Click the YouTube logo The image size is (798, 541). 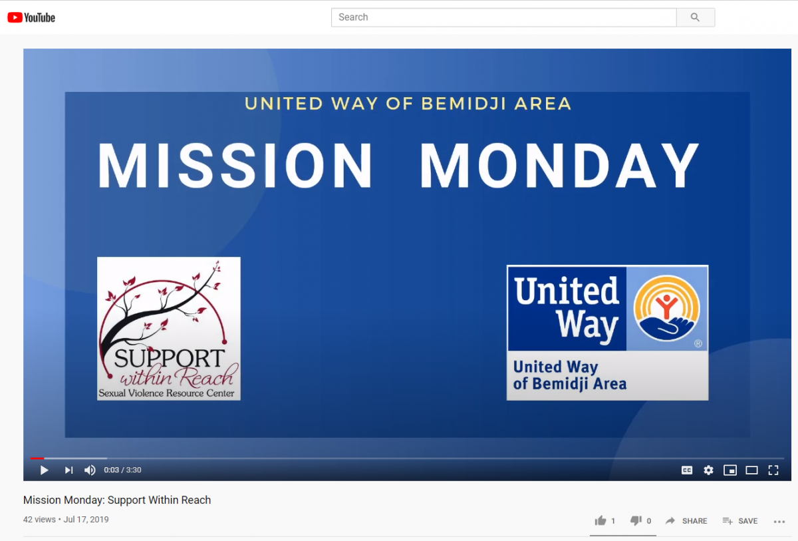pyautogui.click(x=31, y=17)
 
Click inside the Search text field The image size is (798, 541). pyautogui.click(x=504, y=17)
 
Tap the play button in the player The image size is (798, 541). pyautogui.click(x=44, y=470)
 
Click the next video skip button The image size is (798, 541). pyautogui.click(x=68, y=470)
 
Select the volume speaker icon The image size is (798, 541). pyautogui.click(x=90, y=470)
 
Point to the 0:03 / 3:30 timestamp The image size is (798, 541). pyautogui.click(x=122, y=470)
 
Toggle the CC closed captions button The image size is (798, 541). pyautogui.click(x=687, y=470)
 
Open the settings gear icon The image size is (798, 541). pyautogui.click(x=709, y=470)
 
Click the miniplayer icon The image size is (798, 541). pyautogui.click(x=730, y=470)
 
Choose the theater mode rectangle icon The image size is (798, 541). pyautogui.click(x=751, y=470)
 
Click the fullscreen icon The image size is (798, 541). pyautogui.click(x=773, y=470)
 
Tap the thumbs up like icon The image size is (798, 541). pyautogui.click(x=600, y=520)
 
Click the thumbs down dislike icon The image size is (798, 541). pyautogui.click(x=636, y=520)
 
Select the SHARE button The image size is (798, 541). pyautogui.click(x=686, y=521)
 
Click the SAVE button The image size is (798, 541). pyautogui.click(x=740, y=521)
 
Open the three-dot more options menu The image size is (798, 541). pyautogui.click(x=779, y=522)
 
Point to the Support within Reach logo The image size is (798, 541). pyautogui.click(x=169, y=329)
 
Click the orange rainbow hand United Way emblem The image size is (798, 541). pyautogui.click(x=667, y=309)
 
